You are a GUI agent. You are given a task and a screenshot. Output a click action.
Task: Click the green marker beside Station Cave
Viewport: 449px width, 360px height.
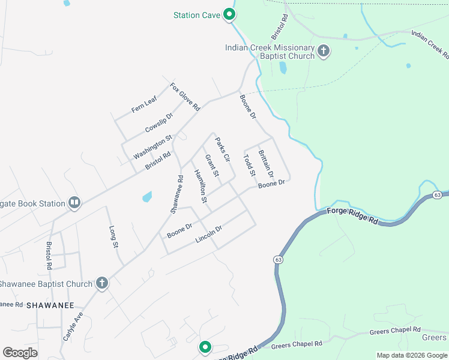[x=229, y=14]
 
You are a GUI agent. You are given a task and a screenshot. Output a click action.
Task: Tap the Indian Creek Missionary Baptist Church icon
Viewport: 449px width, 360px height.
[x=324, y=51]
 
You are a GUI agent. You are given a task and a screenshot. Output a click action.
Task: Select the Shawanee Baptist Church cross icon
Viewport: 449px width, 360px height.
[x=102, y=283]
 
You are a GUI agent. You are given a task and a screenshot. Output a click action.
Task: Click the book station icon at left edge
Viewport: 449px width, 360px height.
[x=74, y=203]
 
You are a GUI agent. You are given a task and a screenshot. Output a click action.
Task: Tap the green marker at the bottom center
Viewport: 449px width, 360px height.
[x=205, y=347]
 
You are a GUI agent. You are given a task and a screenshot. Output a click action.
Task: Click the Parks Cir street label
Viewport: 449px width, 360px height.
[x=223, y=149]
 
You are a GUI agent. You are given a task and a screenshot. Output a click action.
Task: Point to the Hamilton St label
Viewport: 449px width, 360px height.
[x=200, y=185]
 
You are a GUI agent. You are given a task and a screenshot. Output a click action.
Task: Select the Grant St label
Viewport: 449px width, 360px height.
[x=212, y=166]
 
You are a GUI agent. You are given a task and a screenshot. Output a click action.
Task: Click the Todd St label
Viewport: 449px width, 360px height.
[x=249, y=166]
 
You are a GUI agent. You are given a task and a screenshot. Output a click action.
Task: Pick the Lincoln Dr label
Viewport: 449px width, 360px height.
[x=209, y=235]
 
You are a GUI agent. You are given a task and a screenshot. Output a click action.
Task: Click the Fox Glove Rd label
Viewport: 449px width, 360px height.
[x=185, y=96]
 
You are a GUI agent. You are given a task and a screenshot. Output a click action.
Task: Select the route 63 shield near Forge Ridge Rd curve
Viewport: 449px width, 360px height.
[x=278, y=259]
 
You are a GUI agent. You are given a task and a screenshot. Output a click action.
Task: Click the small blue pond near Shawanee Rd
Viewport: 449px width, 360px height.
[x=146, y=196]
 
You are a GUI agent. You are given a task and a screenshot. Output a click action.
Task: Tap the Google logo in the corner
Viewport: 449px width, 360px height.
[x=20, y=353]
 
